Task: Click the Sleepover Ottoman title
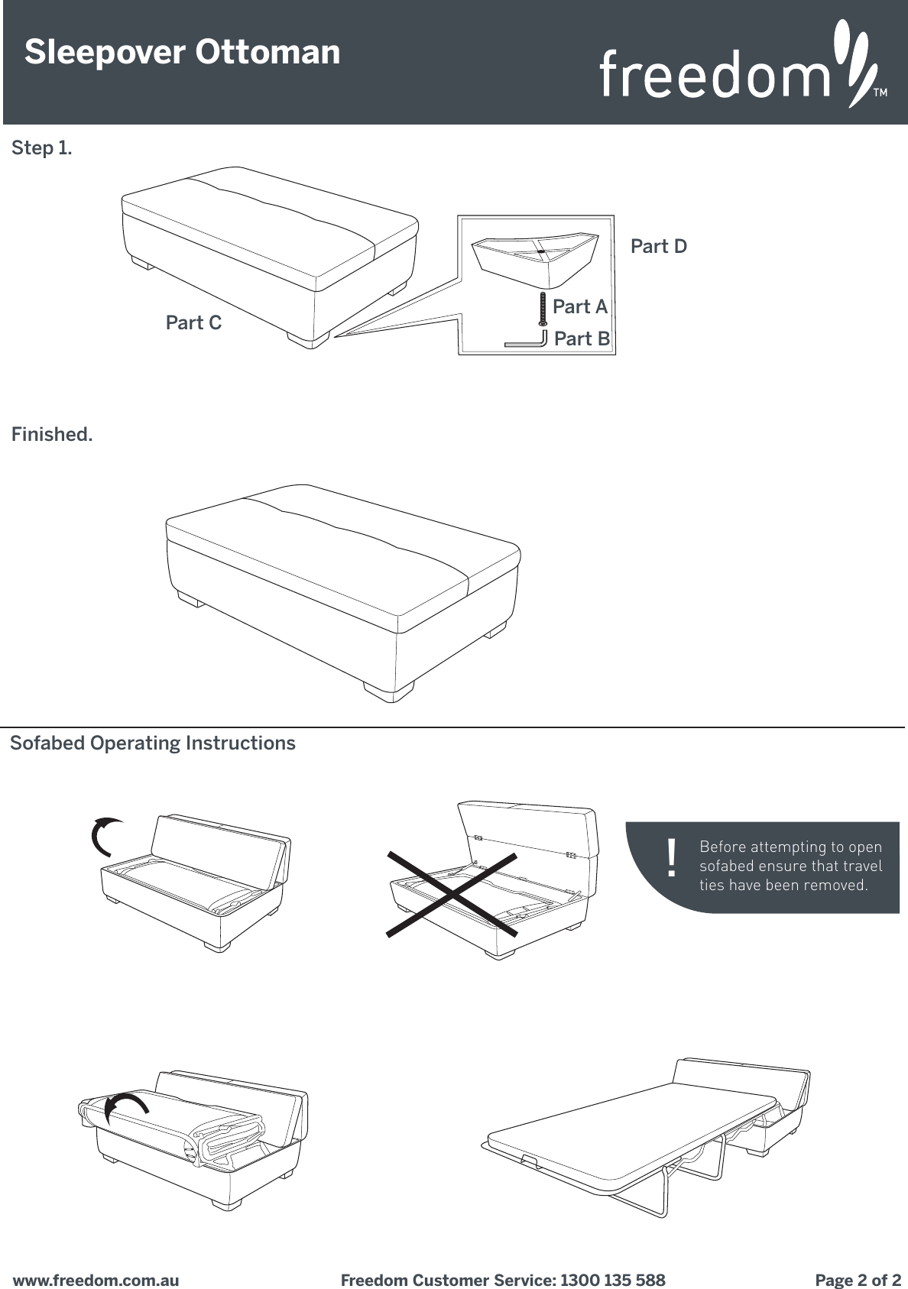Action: [x=182, y=53]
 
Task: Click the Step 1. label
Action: [x=42, y=148]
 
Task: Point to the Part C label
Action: [x=193, y=323]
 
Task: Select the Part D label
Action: [x=658, y=247]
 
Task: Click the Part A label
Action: [x=579, y=307]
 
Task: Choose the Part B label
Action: [x=581, y=338]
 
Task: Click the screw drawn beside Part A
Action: [x=542, y=309]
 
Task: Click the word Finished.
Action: [x=52, y=435]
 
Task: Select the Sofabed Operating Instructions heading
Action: [x=153, y=743]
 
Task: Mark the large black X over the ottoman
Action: [x=452, y=892]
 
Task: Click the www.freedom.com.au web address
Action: [x=96, y=1280]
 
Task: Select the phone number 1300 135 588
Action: [x=612, y=1280]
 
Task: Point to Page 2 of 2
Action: [x=858, y=1280]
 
